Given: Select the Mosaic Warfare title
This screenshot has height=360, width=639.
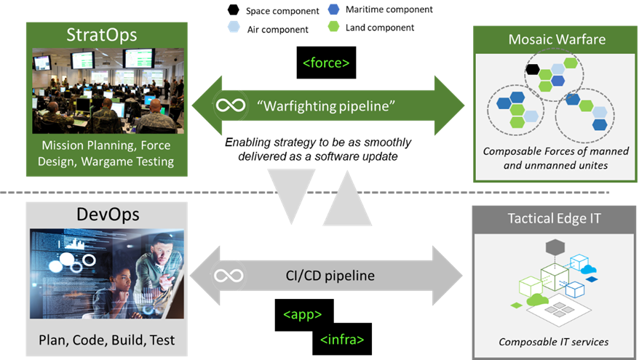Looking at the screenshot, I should [x=557, y=39].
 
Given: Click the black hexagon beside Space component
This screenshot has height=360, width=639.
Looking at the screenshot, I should [x=233, y=10].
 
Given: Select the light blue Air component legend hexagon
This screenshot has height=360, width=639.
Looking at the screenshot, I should [x=233, y=28].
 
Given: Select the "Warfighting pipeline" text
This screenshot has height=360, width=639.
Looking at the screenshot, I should [x=326, y=105].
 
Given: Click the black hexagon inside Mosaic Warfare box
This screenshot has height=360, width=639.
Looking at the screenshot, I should [x=533, y=70].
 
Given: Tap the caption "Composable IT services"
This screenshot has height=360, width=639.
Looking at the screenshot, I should [x=554, y=341].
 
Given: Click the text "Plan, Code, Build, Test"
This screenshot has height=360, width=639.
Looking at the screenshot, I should [x=107, y=340].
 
